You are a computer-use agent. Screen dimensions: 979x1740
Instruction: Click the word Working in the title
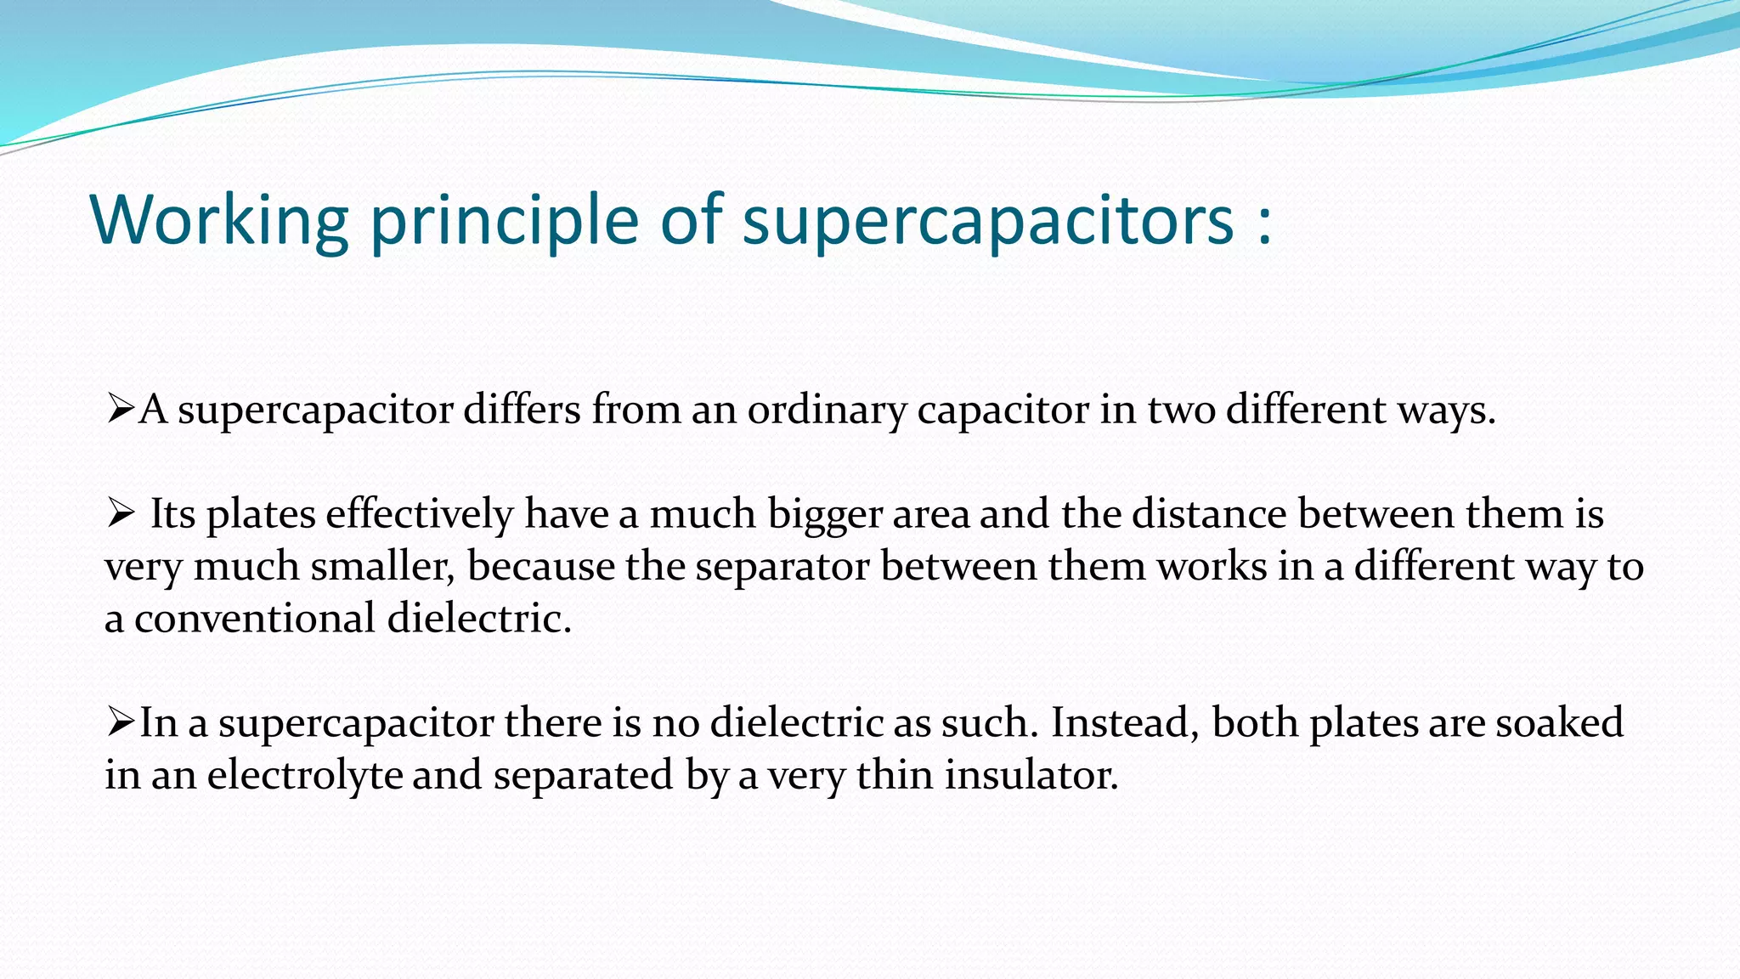tap(219, 219)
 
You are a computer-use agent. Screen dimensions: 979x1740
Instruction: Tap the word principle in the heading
tap(504, 221)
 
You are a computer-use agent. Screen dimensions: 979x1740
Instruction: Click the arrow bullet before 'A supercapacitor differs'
tap(120, 410)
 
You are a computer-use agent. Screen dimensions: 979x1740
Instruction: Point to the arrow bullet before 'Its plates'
tap(120, 513)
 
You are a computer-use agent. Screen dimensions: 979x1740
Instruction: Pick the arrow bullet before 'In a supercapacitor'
tap(120, 722)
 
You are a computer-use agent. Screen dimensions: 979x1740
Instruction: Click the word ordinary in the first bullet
tap(826, 411)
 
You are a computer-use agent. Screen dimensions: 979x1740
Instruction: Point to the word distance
tap(1209, 514)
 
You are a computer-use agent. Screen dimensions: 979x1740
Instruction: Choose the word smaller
tap(381, 567)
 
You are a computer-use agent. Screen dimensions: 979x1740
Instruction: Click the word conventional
tap(254, 619)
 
